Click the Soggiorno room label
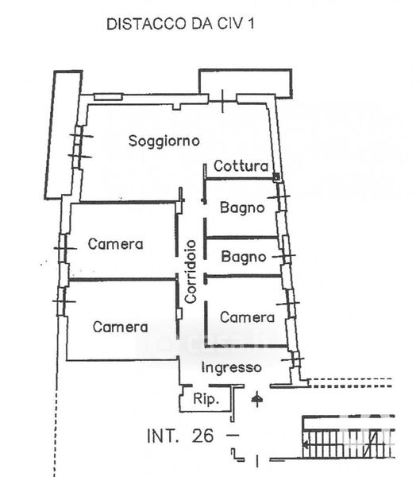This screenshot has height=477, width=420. [164, 142]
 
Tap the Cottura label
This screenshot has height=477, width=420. [241, 166]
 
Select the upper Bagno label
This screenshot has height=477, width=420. [242, 208]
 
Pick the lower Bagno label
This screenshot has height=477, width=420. [244, 257]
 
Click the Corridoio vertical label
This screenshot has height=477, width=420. [191, 272]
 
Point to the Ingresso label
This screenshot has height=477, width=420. [232, 368]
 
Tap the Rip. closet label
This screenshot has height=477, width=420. [206, 399]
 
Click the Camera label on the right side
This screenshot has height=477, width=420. [247, 317]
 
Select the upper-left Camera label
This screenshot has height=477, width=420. [115, 244]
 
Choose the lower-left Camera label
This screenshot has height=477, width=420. [121, 327]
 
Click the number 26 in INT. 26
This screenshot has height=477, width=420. [202, 436]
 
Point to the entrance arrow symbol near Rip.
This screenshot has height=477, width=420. [257, 398]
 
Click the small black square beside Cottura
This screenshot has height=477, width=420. [276, 176]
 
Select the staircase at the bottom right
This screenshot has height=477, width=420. [349, 437]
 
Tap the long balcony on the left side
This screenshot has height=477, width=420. [64, 135]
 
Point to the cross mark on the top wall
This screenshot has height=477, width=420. [223, 101]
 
